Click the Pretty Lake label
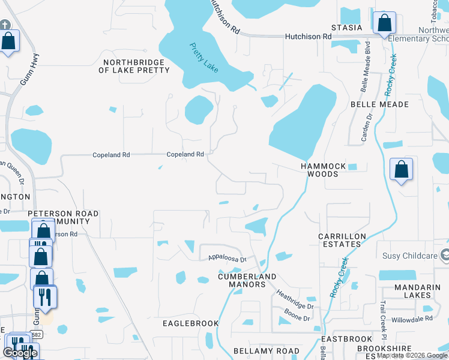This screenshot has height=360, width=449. [x=204, y=58]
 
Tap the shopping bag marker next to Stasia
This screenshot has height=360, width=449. [x=384, y=24]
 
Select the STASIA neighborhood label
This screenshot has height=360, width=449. [x=348, y=28]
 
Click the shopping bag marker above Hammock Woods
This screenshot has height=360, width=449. [x=401, y=170]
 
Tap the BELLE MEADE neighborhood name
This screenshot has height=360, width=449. [x=379, y=104]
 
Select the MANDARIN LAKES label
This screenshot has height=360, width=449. [x=422, y=291]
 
